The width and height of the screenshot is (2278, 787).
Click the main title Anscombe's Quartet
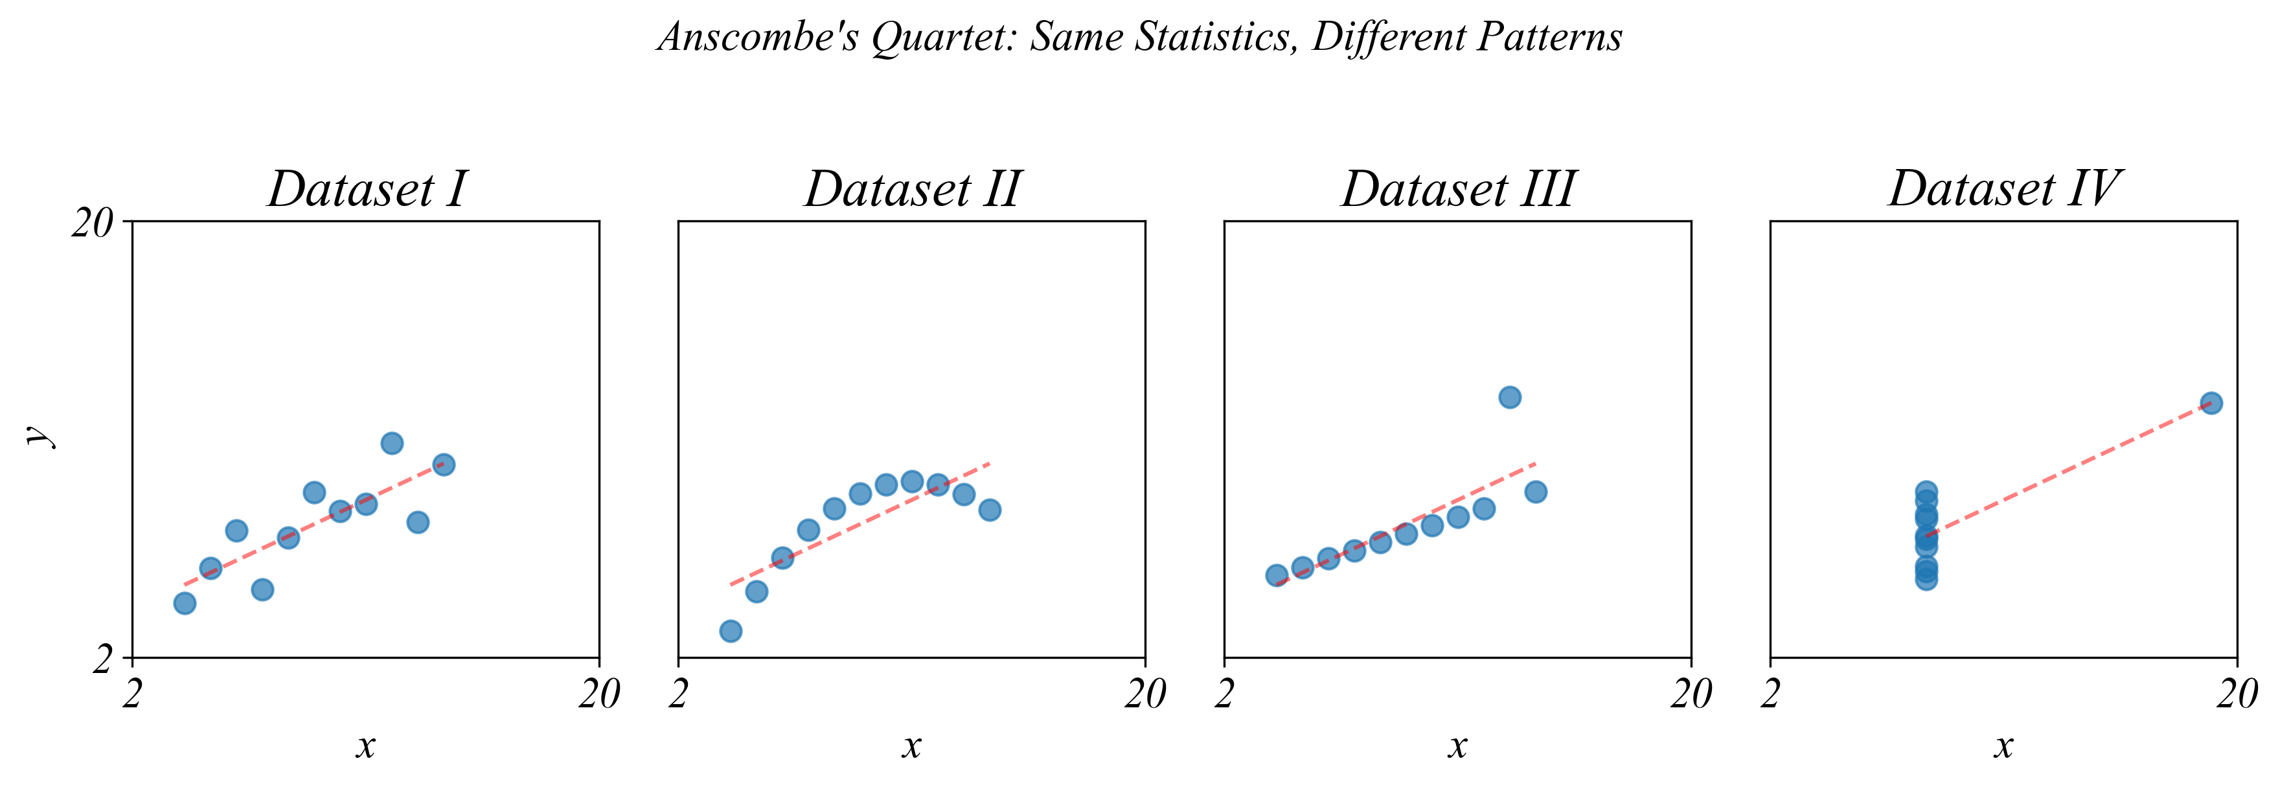[x=1139, y=37]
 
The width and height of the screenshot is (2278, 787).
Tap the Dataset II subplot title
[x=912, y=189]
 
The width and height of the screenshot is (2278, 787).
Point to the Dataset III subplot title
[x=1457, y=189]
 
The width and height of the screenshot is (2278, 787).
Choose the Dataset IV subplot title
[x=2004, y=189]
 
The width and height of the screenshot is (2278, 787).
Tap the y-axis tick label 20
[x=93, y=223]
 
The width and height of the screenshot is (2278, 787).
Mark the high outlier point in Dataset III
[x=1510, y=397]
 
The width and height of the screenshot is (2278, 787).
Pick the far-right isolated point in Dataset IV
[x=2211, y=404]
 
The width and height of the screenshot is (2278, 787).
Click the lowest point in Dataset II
[x=731, y=630]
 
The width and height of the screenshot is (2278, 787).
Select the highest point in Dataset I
[x=392, y=443]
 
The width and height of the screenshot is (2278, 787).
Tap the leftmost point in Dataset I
[x=185, y=603]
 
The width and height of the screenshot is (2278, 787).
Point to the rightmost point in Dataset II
[x=990, y=509]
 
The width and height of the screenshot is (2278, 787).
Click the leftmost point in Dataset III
[x=1276, y=576]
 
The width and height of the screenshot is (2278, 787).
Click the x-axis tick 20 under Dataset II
[x=1145, y=695]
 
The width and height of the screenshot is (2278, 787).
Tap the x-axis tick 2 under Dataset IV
[x=1770, y=695]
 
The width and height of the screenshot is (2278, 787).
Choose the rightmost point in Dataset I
[x=444, y=464]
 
